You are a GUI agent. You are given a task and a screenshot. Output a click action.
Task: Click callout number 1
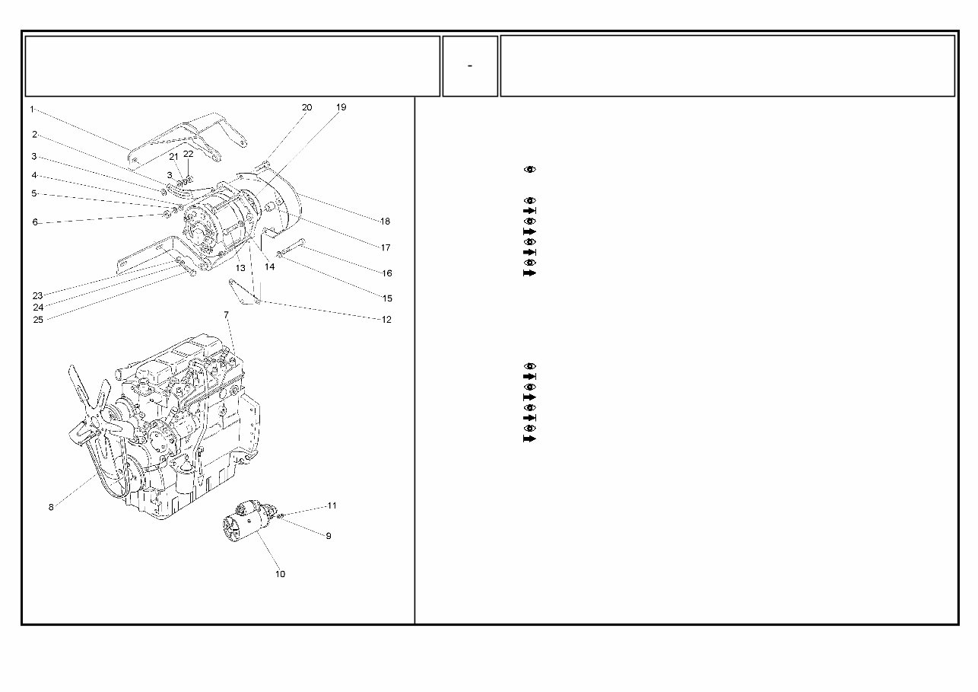(x=32, y=110)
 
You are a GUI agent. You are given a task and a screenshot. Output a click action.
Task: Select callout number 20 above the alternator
(x=306, y=108)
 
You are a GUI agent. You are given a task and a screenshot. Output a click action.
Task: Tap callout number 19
(x=341, y=108)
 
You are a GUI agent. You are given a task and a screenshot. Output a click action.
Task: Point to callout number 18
(x=385, y=222)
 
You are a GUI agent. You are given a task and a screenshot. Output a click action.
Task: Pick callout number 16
(x=387, y=273)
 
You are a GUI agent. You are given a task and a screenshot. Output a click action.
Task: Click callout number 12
(x=386, y=320)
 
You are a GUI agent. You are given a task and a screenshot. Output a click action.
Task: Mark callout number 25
(x=38, y=320)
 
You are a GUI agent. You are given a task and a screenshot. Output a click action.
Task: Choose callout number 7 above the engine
(x=226, y=315)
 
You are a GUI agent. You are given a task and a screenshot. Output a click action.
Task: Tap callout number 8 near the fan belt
(x=51, y=507)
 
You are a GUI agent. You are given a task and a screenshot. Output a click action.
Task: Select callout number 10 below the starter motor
(x=280, y=574)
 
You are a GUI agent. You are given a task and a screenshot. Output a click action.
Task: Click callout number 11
(x=332, y=505)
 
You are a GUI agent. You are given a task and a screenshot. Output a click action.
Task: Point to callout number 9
(x=329, y=536)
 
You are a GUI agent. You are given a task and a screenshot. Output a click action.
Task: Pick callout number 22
(x=189, y=154)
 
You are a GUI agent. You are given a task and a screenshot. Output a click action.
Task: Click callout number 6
(x=35, y=222)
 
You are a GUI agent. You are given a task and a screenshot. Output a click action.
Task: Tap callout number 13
(x=240, y=268)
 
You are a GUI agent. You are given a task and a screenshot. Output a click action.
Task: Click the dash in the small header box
(x=470, y=66)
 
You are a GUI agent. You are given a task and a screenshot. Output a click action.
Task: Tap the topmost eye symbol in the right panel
(x=530, y=169)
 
